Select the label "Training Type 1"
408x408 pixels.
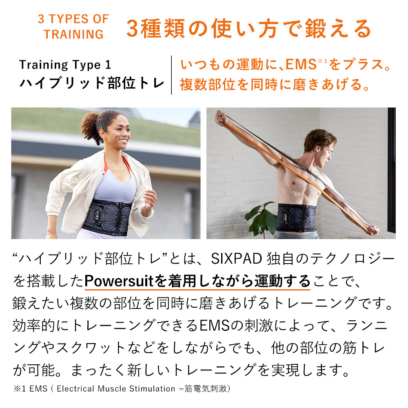[x=65, y=65]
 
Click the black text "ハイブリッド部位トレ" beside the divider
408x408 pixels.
[x=92, y=83]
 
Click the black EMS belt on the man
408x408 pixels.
[x=298, y=216]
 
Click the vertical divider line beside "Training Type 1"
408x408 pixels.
[x=171, y=75]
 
